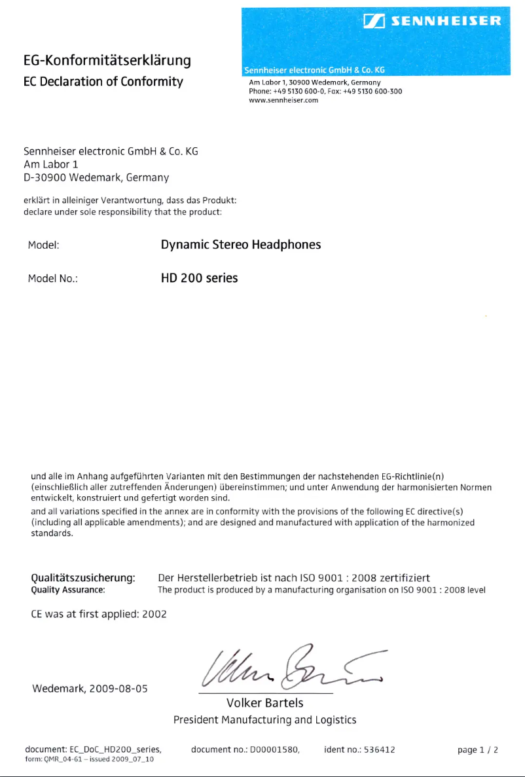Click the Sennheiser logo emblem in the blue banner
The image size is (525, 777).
point(372,22)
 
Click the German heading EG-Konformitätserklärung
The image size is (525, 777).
point(107,61)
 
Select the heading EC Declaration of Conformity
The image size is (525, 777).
point(103,82)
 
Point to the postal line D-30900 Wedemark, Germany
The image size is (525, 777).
point(96,177)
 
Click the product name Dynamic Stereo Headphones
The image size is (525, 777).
point(241,245)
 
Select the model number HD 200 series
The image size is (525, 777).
point(199,278)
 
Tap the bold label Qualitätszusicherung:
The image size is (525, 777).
point(83,578)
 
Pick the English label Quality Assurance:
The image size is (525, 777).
point(68,590)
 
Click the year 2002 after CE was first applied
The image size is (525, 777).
point(154,614)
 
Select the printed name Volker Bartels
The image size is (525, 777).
point(264,703)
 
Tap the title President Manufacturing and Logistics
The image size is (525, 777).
point(264,720)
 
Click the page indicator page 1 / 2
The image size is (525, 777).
point(478,750)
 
